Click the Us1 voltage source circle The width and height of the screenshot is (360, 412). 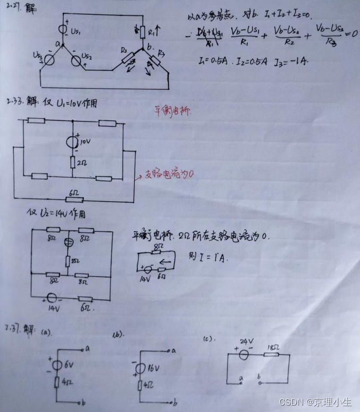pos(63,30)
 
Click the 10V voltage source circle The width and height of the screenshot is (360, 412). pos(72,142)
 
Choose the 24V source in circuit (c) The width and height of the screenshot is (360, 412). pos(244,354)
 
